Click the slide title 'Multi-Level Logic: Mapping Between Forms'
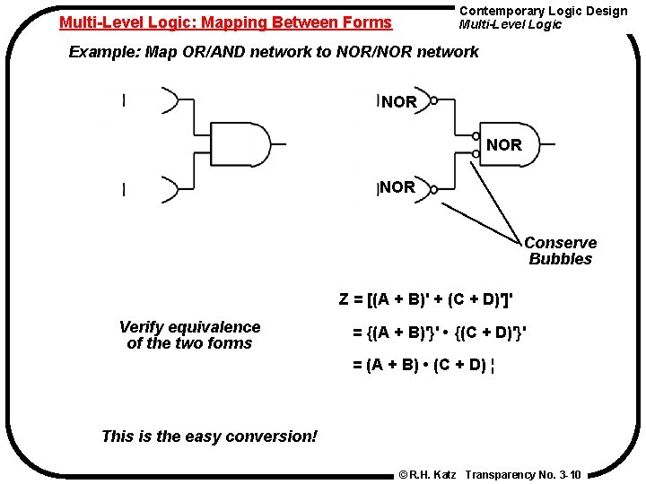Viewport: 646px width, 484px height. tap(225, 22)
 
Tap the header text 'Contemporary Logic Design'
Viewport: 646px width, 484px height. tap(543, 11)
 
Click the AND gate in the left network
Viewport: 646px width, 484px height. tap(238, 144)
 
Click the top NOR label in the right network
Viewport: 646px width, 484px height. tap(399, 102)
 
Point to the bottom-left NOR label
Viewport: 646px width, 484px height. tap(397, 187)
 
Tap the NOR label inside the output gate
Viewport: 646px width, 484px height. tap(503, 144)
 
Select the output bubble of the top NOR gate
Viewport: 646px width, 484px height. tap(433, 100)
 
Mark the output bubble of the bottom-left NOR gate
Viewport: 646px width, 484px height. tap(433, 188)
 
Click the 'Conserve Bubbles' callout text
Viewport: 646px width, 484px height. tap(560, 251)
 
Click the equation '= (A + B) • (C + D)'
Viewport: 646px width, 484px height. tap(423, 365)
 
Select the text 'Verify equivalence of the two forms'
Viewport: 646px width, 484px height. tap(189, 335)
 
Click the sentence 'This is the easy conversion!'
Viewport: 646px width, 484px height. tap(209, 436)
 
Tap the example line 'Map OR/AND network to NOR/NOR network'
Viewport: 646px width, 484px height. tap(274, 51)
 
